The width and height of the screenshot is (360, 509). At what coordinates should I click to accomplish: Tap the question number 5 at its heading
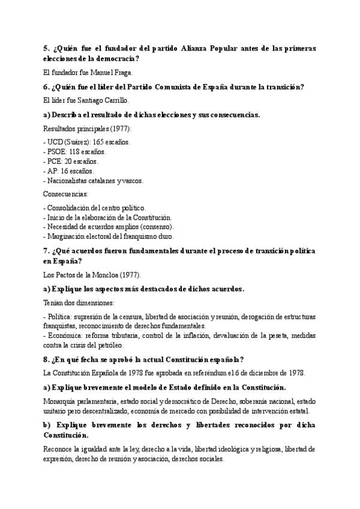tap(46, 47)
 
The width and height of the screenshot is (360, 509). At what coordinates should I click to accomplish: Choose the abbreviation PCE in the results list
tap(55, 161)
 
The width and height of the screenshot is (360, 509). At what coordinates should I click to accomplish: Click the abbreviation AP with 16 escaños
tap(53, 171)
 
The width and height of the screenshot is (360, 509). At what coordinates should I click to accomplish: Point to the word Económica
tap(65, 336)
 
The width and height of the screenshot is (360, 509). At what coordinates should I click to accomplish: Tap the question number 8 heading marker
tap(46, 360)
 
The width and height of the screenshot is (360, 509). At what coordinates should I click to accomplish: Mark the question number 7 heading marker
tap(46, 250)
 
